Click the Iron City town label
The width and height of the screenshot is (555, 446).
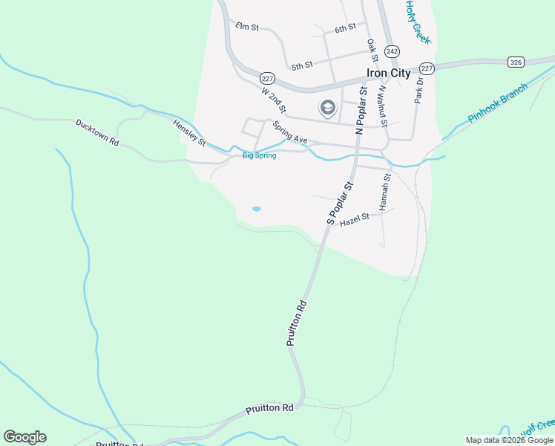(388, 73)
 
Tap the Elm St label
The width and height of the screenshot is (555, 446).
(246, 28)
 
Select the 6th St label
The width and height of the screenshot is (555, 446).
(345, 28)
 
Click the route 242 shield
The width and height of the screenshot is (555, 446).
(393, 51)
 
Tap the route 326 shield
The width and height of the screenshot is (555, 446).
(516, 62)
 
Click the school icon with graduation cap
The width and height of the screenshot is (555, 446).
(327, 109)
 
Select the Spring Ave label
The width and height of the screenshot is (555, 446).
(289, 133)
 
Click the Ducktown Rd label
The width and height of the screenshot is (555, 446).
(97, 132)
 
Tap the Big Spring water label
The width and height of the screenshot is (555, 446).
(260, 156)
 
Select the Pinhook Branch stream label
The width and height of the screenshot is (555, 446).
(498, 103)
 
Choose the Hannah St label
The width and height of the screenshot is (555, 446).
(386, 192)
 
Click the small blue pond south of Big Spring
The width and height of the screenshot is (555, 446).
(256, 209)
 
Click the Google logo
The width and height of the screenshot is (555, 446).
(24, 437)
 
